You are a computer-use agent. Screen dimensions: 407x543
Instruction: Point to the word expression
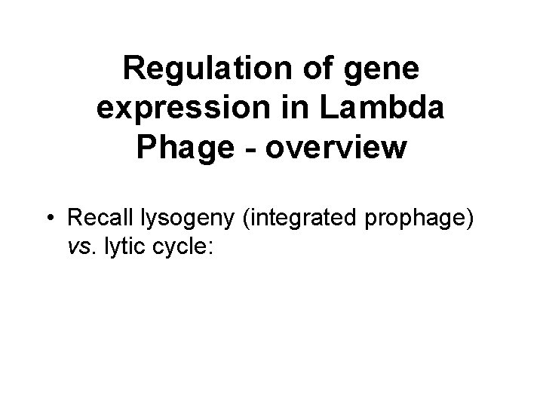pyautogui.click(x=185, y=110)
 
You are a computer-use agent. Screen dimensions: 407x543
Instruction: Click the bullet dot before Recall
pyautogui.click(x=49, y=219)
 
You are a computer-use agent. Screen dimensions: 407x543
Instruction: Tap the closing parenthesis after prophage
pyautogui.click(x=469, y=219)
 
